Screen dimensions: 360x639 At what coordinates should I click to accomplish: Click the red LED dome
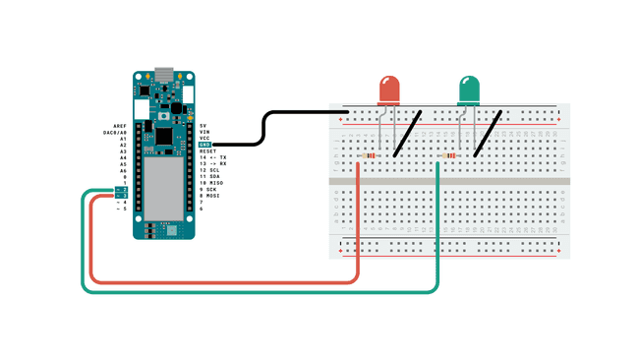389,90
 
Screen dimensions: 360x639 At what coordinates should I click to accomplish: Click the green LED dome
469,90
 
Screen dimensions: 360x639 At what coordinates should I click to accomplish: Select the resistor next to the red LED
369,155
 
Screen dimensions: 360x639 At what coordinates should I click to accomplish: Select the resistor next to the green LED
450,155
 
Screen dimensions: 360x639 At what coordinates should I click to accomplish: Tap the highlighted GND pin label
204,145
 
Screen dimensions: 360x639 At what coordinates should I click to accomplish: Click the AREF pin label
120,126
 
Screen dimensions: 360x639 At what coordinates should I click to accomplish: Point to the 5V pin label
203,126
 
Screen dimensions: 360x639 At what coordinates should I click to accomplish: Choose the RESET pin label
207,151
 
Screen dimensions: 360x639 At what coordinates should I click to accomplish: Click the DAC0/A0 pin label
115,132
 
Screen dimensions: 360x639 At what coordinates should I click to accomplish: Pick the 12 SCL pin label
209,170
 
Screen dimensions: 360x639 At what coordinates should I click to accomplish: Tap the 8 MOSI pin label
209,196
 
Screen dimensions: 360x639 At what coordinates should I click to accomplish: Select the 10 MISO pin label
211,183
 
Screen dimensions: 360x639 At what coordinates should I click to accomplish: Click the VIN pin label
204,132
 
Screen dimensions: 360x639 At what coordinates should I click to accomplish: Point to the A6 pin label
123,170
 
